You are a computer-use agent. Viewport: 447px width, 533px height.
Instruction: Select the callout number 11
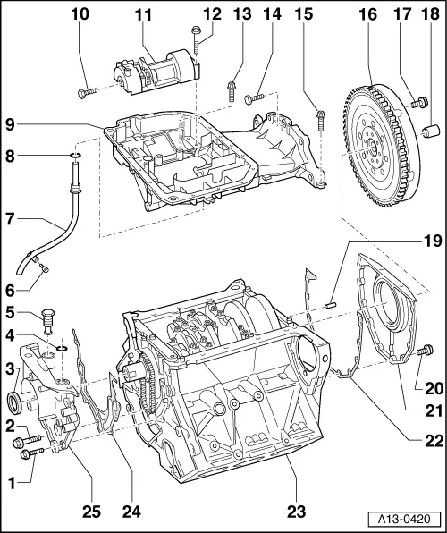144,15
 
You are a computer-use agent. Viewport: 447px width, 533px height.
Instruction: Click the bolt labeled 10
88,91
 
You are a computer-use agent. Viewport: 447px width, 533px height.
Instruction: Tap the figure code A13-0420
408,518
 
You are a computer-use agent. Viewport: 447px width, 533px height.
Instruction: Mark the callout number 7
11,218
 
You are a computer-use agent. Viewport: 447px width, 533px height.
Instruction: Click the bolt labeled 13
232,88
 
